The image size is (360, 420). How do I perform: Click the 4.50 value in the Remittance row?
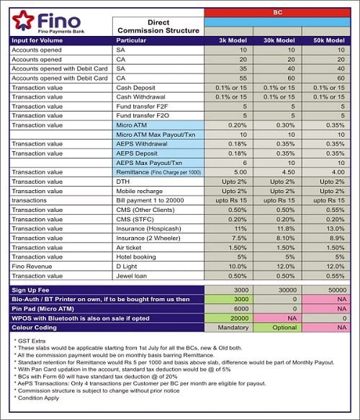(276, 173)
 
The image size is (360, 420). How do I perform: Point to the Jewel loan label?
(132, 276)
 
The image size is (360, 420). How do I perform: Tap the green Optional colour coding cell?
(276, 327)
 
